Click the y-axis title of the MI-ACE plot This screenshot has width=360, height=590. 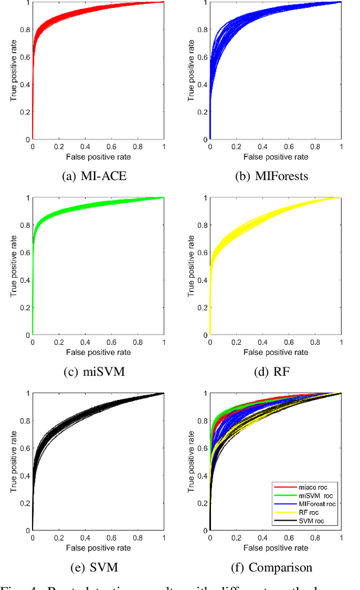[x=13, y=70]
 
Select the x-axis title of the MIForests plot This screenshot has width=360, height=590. [x=276, y=156]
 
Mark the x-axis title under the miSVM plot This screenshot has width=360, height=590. [x=98, y=352]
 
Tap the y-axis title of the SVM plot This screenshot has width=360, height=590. [x=13, y=462]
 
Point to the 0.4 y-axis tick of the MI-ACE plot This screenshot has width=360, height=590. [x=24, y=84]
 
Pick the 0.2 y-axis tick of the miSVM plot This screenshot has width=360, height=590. [x=24, y=308]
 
